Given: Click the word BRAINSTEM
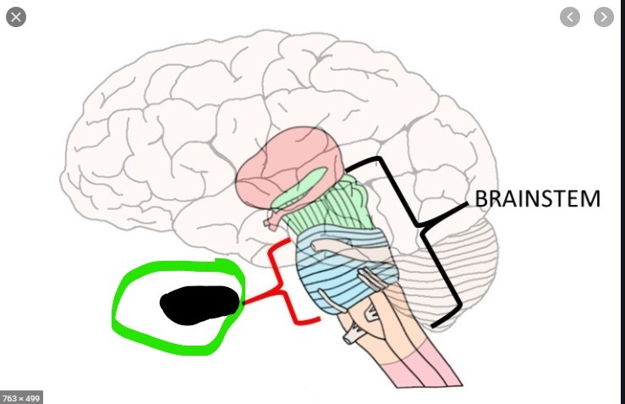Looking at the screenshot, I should pos(537,200).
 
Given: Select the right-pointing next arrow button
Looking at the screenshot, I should pos(603,16).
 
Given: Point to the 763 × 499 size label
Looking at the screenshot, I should pos(21,397).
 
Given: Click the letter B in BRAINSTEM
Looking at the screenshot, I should pos(481,200).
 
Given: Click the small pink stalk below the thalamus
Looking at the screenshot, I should pos(272,222).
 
